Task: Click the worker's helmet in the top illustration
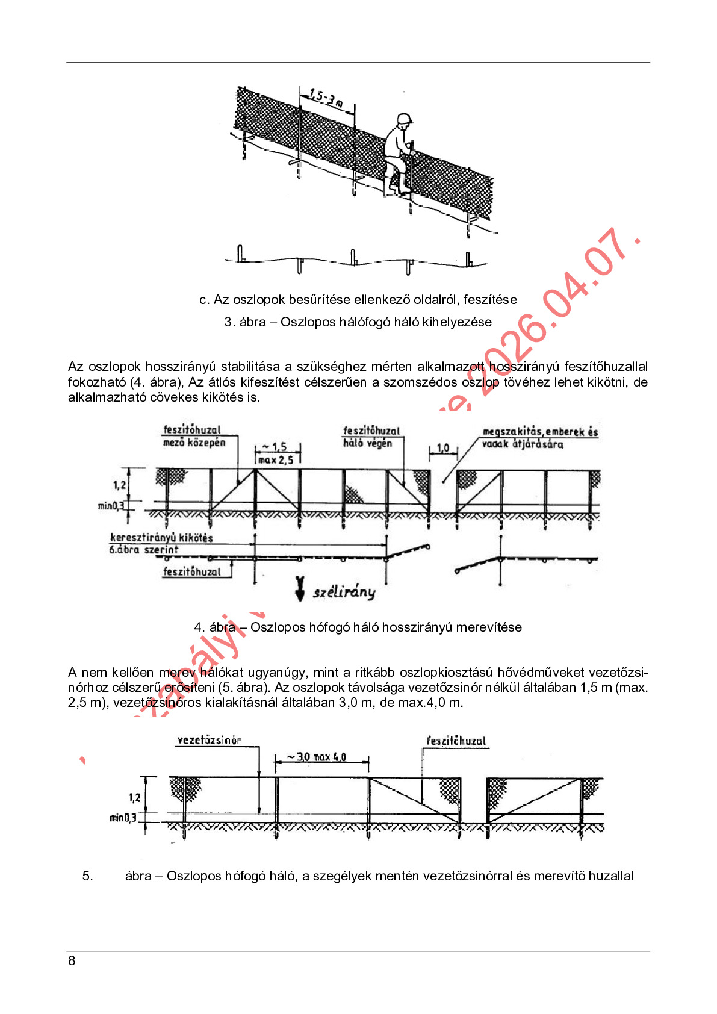(x=404, y=119)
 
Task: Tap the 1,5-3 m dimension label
(x=326, y=98)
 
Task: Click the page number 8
(x=72, y=960)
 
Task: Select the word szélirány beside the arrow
(x=344, y=592)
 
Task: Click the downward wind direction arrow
(x=300, y=588)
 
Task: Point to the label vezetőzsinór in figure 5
(x=209, y=740)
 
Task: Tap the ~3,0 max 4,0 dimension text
(x=321, y=757)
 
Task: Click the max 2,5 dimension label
(x=276, y=460)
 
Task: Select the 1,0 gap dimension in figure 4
(x=443, y=448)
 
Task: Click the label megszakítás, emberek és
(x=540, y=431)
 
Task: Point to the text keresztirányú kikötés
(x=161, y=538)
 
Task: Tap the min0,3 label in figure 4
(x=111, y=506)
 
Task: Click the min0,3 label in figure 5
(x=123, y=818)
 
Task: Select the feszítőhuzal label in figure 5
(x=456, y=741)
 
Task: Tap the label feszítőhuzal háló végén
(x=371, y=437)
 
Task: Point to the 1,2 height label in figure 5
(x=134, y=798)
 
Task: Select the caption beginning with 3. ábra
(x=358, y=322)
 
